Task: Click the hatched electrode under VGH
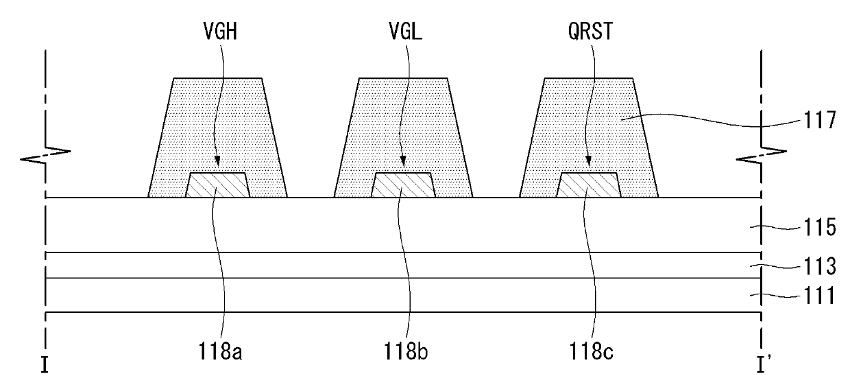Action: [x=217, y=185]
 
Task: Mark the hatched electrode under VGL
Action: [x=403, y=185]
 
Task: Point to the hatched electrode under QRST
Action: [x=590, y=185]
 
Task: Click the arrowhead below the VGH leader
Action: [x=219, y=163]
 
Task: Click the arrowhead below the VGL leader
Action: [x=404, y=163]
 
